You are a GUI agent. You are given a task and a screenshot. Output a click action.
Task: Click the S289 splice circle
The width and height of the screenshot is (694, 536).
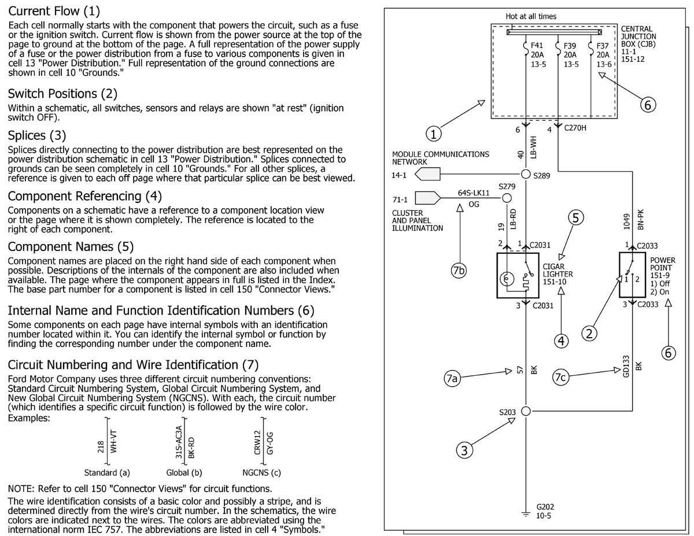click(x=526, y=174)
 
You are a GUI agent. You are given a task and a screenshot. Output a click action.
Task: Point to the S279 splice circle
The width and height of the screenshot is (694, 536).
click(x=507, y=198)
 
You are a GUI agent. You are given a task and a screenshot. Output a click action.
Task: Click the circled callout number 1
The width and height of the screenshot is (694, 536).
click(x=434, y=134)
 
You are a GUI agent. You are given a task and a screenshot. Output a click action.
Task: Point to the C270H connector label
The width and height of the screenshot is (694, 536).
click(x=575, y=128)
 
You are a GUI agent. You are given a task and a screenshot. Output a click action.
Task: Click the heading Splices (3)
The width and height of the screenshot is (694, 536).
click(x=37, y=135)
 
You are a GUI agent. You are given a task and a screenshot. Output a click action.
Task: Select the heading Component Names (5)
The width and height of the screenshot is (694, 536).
click(x=71, y=246)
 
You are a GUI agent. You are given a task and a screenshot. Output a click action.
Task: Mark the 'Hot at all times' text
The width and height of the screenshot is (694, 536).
click(x=530, y=16)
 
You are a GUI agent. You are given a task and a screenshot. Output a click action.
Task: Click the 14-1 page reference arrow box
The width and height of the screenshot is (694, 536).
click(x=428, y=174)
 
